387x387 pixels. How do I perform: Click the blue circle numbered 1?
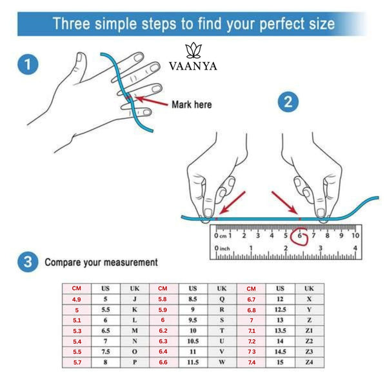pyautogui.click(x=28, y=64)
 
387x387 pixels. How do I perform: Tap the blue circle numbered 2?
pyautogui.click(x=288, y=102)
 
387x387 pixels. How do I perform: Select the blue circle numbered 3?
pyautogui.click(x=28, y=262)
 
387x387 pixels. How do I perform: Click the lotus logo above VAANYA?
pyautogui.click(x=193, y=50)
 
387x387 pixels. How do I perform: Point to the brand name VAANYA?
pyautogui.click(x=193, y=66)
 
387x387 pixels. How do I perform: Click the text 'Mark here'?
pyautogui.click(x=192, y=104)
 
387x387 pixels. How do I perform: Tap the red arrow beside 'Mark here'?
pyautogui.click(x=152, y=101)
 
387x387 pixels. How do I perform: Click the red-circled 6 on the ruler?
pyautogui.click(x=299, y=235)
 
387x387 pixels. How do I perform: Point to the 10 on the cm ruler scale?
pyautogui.click(x=355, y=235)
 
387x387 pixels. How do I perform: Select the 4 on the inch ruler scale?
pyautogui.click(x=355, y=248)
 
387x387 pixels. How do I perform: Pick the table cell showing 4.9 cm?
pyautogui.click(x=77, y=299)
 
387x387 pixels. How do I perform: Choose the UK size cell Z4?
pyautogui.click(x=309, y=362)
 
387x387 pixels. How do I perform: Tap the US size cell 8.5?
pyautogui.click(x=193, y=299)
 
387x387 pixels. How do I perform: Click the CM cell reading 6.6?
pyautogui.click(x=163, y=362)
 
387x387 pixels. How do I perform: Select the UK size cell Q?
pyautogui.click(x=222, y=299)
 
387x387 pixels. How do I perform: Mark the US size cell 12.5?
pyautogui.click(x=280, y=310)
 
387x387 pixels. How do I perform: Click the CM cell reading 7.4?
pyautogui.click(x=252, y=362)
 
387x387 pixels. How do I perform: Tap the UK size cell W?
pyautogui.click(x=222, y=362)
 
